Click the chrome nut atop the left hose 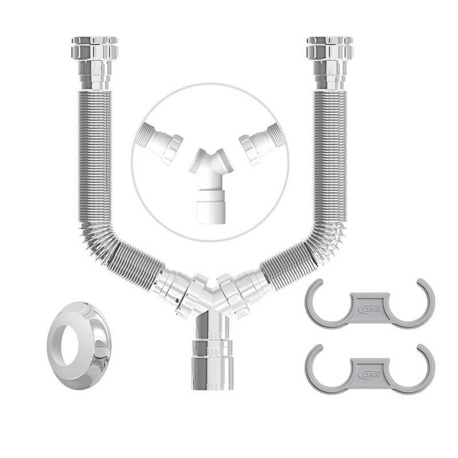(x=94, y=50)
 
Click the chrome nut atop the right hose (x=329, y=50)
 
